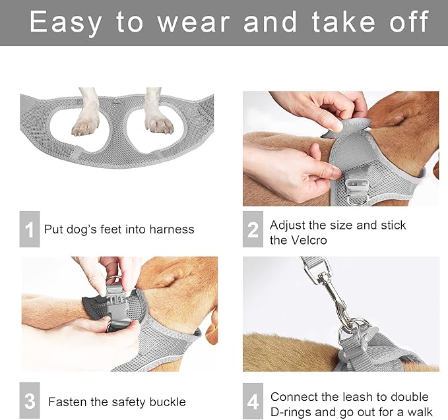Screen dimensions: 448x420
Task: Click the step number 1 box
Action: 30,229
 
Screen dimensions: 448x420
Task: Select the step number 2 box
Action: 253,229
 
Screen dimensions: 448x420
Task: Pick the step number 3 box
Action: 30,400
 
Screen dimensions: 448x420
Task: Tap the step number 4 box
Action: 253,401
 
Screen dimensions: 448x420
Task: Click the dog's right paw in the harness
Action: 160,123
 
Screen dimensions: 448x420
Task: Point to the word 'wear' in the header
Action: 194,22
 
